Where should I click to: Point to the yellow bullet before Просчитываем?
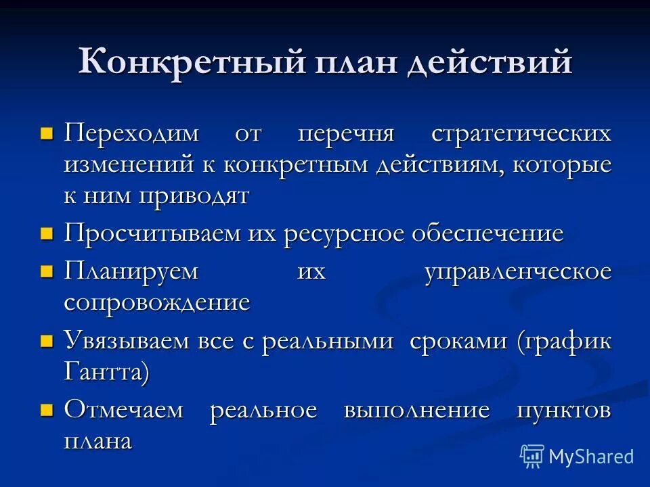point(47,234)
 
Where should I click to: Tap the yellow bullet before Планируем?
point(47,271)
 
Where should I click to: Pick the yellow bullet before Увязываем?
point(47,340)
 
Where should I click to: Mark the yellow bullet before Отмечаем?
point(47,411)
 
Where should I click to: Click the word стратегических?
point(521,133)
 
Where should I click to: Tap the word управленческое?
point(518,272)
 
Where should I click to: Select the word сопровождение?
point(157,302)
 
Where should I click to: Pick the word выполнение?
point(416,411)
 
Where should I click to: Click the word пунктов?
point(563,411)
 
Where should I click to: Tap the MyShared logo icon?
point(532,457)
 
